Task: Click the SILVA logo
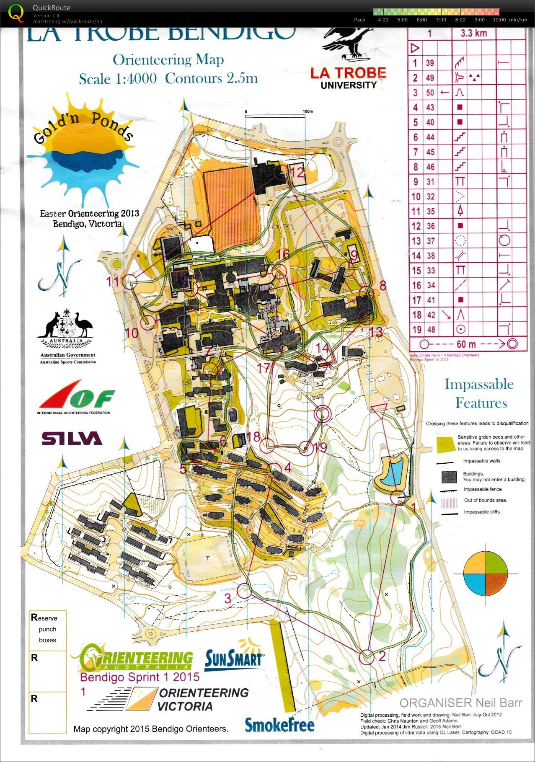[x=72, y=438]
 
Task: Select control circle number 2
[x=367, y=657]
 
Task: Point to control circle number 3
[x=244, y=591]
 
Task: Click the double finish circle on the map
[x=322, y=413]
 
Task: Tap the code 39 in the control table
[x=430, y=63]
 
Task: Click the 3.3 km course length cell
[x=473, y=34]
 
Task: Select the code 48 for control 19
[x=430, y=329]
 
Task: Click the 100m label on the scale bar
[x=308, y=111]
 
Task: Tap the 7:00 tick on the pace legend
[x=441, y=20]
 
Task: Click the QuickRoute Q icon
[x=16, y=13]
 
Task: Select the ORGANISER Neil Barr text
[x=460, y=703]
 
